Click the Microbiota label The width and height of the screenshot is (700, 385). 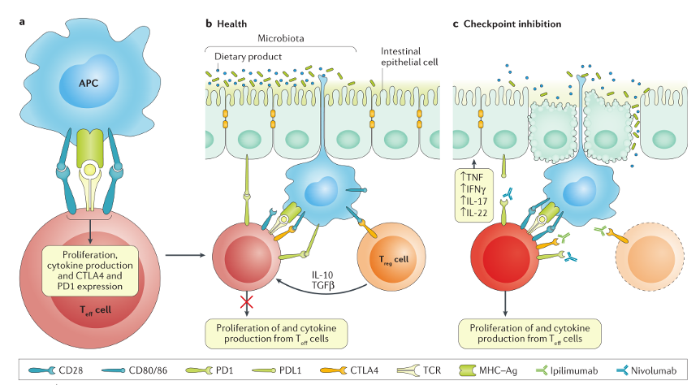point(280,38)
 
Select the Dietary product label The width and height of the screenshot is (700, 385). point(247,58)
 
